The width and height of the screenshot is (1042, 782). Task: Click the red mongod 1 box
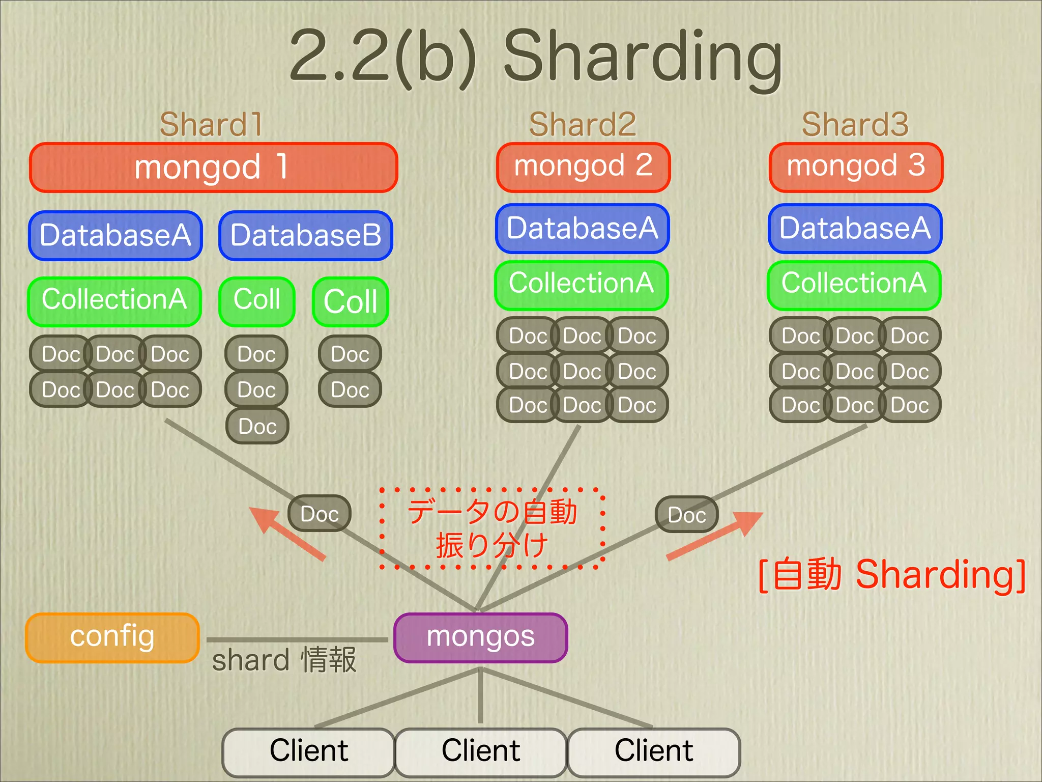coord(213,167)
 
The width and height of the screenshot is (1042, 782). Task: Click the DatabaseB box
coord(306,236)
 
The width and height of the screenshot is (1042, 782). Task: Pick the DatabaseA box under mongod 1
coord(115,236)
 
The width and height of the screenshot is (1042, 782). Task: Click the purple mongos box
coord(480,637)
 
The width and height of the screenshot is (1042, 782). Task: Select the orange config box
coord(112,637)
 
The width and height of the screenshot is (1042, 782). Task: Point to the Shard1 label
coord(211,124)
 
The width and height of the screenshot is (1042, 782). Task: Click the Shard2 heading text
coord(583,124)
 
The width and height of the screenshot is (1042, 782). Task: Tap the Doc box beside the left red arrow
coord(320,514)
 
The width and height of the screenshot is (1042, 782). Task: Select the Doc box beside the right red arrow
coord(686,515)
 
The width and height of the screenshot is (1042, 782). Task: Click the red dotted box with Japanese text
coord(492,528)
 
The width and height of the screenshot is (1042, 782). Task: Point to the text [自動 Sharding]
coord(891,575)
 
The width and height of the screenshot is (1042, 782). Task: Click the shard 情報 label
coord(284,660)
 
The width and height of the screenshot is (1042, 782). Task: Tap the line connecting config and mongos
coord(297,639)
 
